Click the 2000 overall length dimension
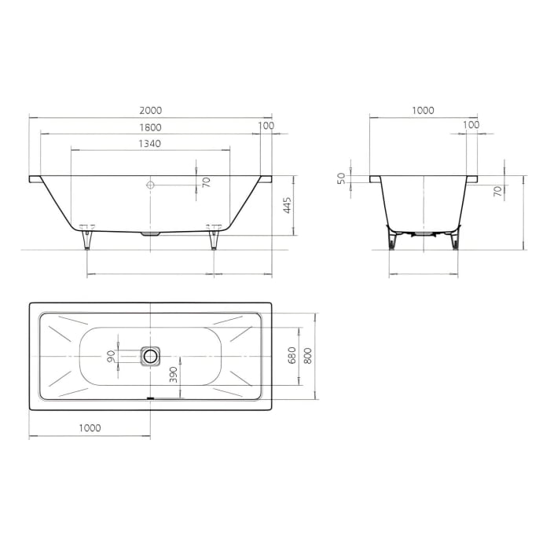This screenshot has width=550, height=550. point(151,111)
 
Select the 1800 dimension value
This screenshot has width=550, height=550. point(151,127)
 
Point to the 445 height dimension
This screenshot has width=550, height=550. point(288,206)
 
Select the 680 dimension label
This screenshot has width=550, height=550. point(291,355)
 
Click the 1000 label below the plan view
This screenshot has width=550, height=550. point(90,427)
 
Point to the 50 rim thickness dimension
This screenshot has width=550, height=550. point(340,179)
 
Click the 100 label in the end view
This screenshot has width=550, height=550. point(471,125)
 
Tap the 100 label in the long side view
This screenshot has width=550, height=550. point(266,125)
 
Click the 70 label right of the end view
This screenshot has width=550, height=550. point(497,192)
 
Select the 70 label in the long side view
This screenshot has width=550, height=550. point(206,182)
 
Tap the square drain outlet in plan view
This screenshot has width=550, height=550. point(150,356)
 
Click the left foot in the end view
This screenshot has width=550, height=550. point(394,240)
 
